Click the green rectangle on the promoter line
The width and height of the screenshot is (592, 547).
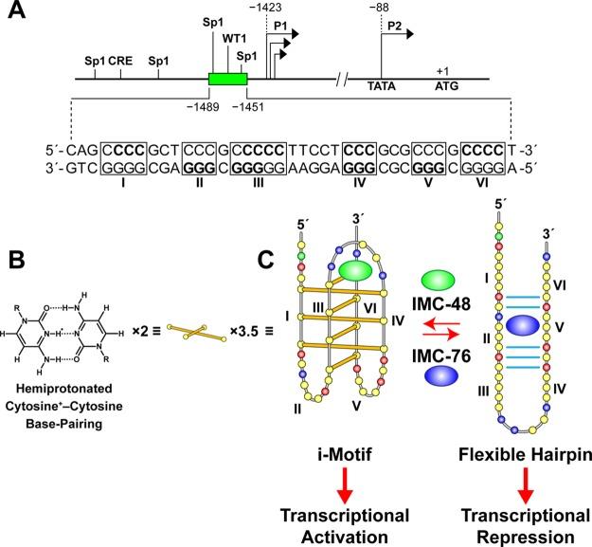point(227,79)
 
